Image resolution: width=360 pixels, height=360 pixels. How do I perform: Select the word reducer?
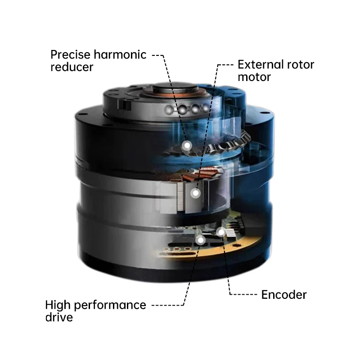click(72, 67)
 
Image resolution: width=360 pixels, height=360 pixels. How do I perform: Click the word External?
click(261, 64)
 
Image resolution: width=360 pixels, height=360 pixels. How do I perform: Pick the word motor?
click(254, 77)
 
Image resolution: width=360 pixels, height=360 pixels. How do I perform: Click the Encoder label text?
click(284, 295)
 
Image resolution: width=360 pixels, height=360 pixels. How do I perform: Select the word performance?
click(111, 305)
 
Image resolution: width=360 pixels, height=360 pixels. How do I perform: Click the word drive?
click(59, 317)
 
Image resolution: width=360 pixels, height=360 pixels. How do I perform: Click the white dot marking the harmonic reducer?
click(186, 145)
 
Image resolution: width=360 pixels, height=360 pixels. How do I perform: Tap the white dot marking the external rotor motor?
click(195, 193)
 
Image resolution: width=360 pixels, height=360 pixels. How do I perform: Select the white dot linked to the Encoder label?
click(220, 232)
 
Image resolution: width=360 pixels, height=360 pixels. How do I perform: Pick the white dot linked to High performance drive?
click(200, 239)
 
